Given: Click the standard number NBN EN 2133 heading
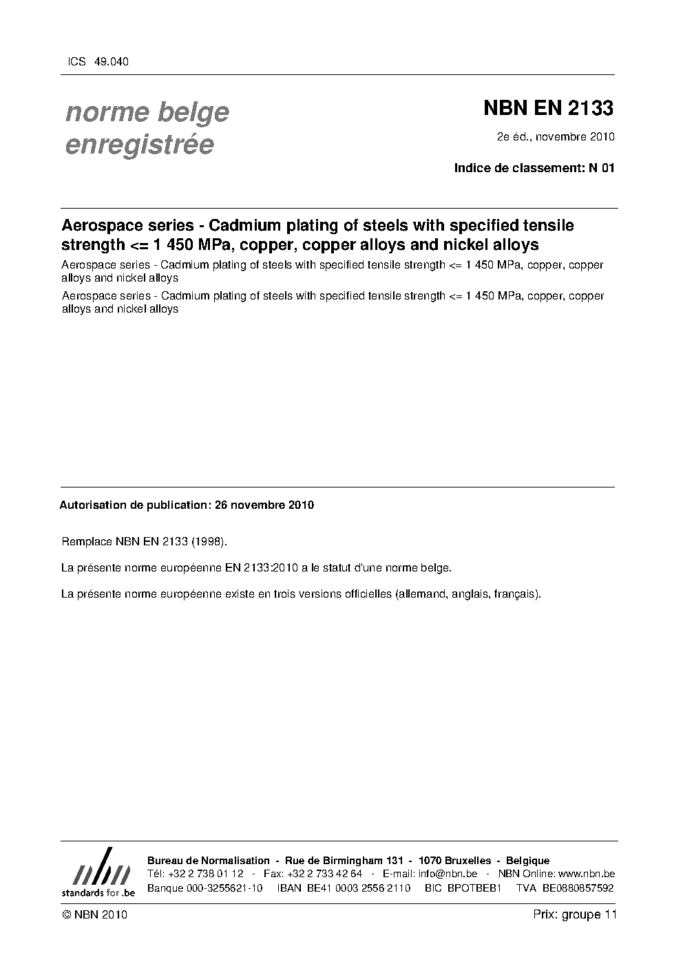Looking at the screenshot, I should (x=548, y=108).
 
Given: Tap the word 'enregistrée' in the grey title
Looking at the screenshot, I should (x=139, y=145).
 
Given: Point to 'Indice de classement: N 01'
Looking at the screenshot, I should (x=534, y=168).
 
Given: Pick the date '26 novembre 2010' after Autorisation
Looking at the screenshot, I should (x=264, y=505).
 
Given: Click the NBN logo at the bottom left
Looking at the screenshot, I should (x=98, y=872).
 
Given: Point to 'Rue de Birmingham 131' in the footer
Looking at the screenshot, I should (x=344, y=861).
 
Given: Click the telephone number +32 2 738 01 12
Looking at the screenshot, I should (x=205, y=874).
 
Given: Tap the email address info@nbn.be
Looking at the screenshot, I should (x=448, y=874).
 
